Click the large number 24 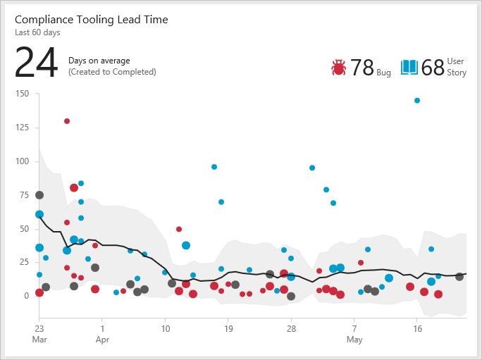coord(36,63)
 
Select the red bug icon coord(338,68)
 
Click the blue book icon coord(409,68)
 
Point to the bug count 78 coord(361,68)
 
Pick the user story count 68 coord(433,68)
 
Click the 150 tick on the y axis coord(21,94)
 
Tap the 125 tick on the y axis coord(21,128)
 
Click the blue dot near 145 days coord(417,101)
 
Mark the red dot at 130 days coord(67,121)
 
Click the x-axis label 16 coord(417,328)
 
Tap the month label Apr coord(102,340)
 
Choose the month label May coord(354,340)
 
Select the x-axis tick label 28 coord(291,328)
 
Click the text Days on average coord(99,61)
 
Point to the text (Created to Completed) coord(112,72)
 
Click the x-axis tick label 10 coord(165,328)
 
